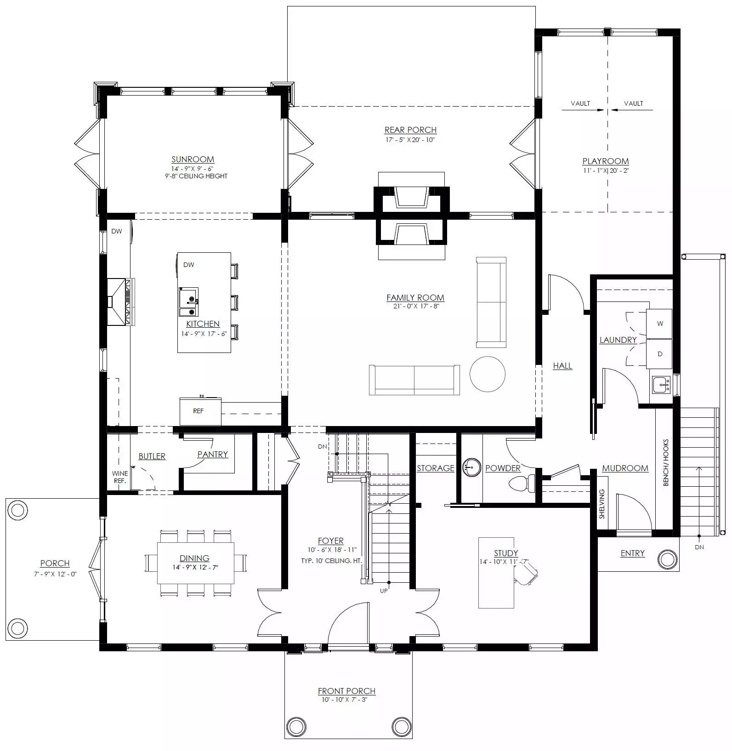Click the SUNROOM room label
193,159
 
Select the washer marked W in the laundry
659,324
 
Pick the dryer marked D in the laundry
659,354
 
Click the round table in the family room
488,374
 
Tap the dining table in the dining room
195,563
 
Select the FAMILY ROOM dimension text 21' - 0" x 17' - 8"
415,306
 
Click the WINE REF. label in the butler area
120,477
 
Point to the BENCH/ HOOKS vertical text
666,462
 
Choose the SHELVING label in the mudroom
602,504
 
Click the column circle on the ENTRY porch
667,559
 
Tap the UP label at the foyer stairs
384,591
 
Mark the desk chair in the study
527,575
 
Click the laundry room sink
661,384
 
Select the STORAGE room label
435,468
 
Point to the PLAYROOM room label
605,161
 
